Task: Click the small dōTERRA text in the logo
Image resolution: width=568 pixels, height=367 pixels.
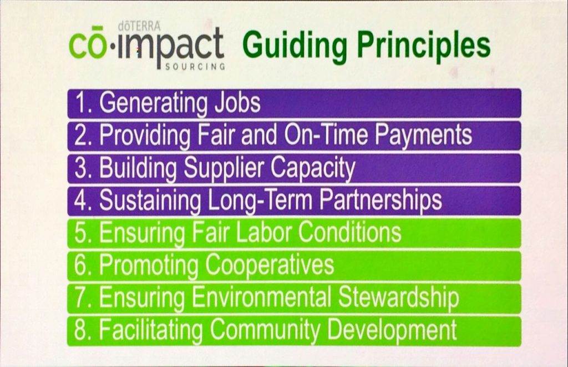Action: point(140,26)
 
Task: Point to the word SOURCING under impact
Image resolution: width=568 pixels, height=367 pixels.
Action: point(195,67)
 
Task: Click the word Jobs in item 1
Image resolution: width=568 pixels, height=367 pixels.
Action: point(237,103)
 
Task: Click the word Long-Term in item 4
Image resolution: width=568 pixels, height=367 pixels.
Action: point(260,201)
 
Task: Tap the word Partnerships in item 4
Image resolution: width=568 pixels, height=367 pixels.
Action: point(381,201)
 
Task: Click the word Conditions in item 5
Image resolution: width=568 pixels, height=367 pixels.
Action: point(350,233)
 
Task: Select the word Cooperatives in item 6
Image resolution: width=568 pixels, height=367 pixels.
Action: point(270,265)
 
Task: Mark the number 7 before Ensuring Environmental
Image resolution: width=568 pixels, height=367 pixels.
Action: point(80,298)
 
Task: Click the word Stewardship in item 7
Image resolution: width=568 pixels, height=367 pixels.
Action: point(398,298)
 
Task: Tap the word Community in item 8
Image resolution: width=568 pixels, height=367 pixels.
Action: point(265,330)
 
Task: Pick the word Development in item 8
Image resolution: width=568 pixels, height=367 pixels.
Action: point(392,330)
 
